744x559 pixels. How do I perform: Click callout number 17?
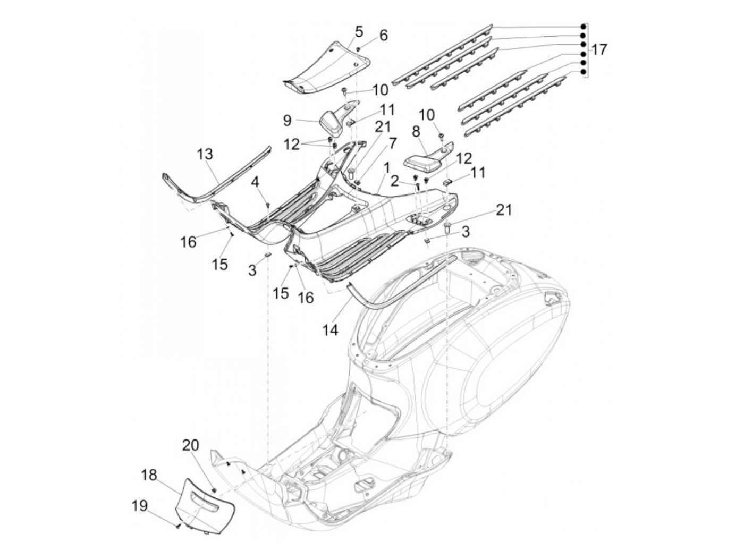click(599, 50)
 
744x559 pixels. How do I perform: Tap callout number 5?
click(359, 31)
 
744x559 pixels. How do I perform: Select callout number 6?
click(383, 36)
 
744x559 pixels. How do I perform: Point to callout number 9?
click(287, 121)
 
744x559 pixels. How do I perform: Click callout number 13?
click(205, 155)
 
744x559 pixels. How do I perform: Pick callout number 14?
click(329, 329)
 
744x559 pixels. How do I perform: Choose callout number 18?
click(149, 475)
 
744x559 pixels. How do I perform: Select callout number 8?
click(416, 131)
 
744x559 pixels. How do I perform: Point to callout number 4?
click(256, 182)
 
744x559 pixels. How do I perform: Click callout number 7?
click(392, 143)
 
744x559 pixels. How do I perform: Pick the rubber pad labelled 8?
click(425, 160)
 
